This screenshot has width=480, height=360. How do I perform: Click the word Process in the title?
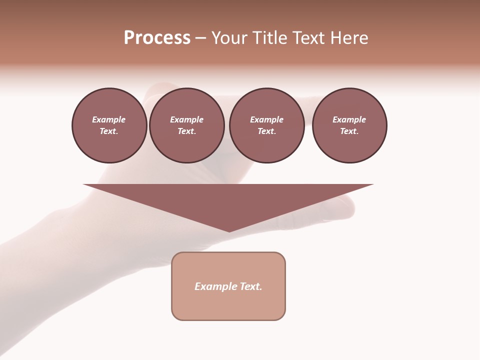pos(157,38)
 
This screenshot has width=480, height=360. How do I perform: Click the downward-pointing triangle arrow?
pos(228,202)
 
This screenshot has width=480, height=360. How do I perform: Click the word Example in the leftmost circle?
pos(109,119)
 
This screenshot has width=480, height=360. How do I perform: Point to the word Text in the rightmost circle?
pos(349,131)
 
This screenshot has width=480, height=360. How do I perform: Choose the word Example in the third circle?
pos(266,119)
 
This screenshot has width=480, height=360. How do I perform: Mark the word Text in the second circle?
pos(186,131)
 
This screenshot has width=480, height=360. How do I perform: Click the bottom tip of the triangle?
pos(229,230)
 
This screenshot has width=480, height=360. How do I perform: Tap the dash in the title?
pos(200,38)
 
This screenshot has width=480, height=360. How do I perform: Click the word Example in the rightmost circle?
pos(349,119)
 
